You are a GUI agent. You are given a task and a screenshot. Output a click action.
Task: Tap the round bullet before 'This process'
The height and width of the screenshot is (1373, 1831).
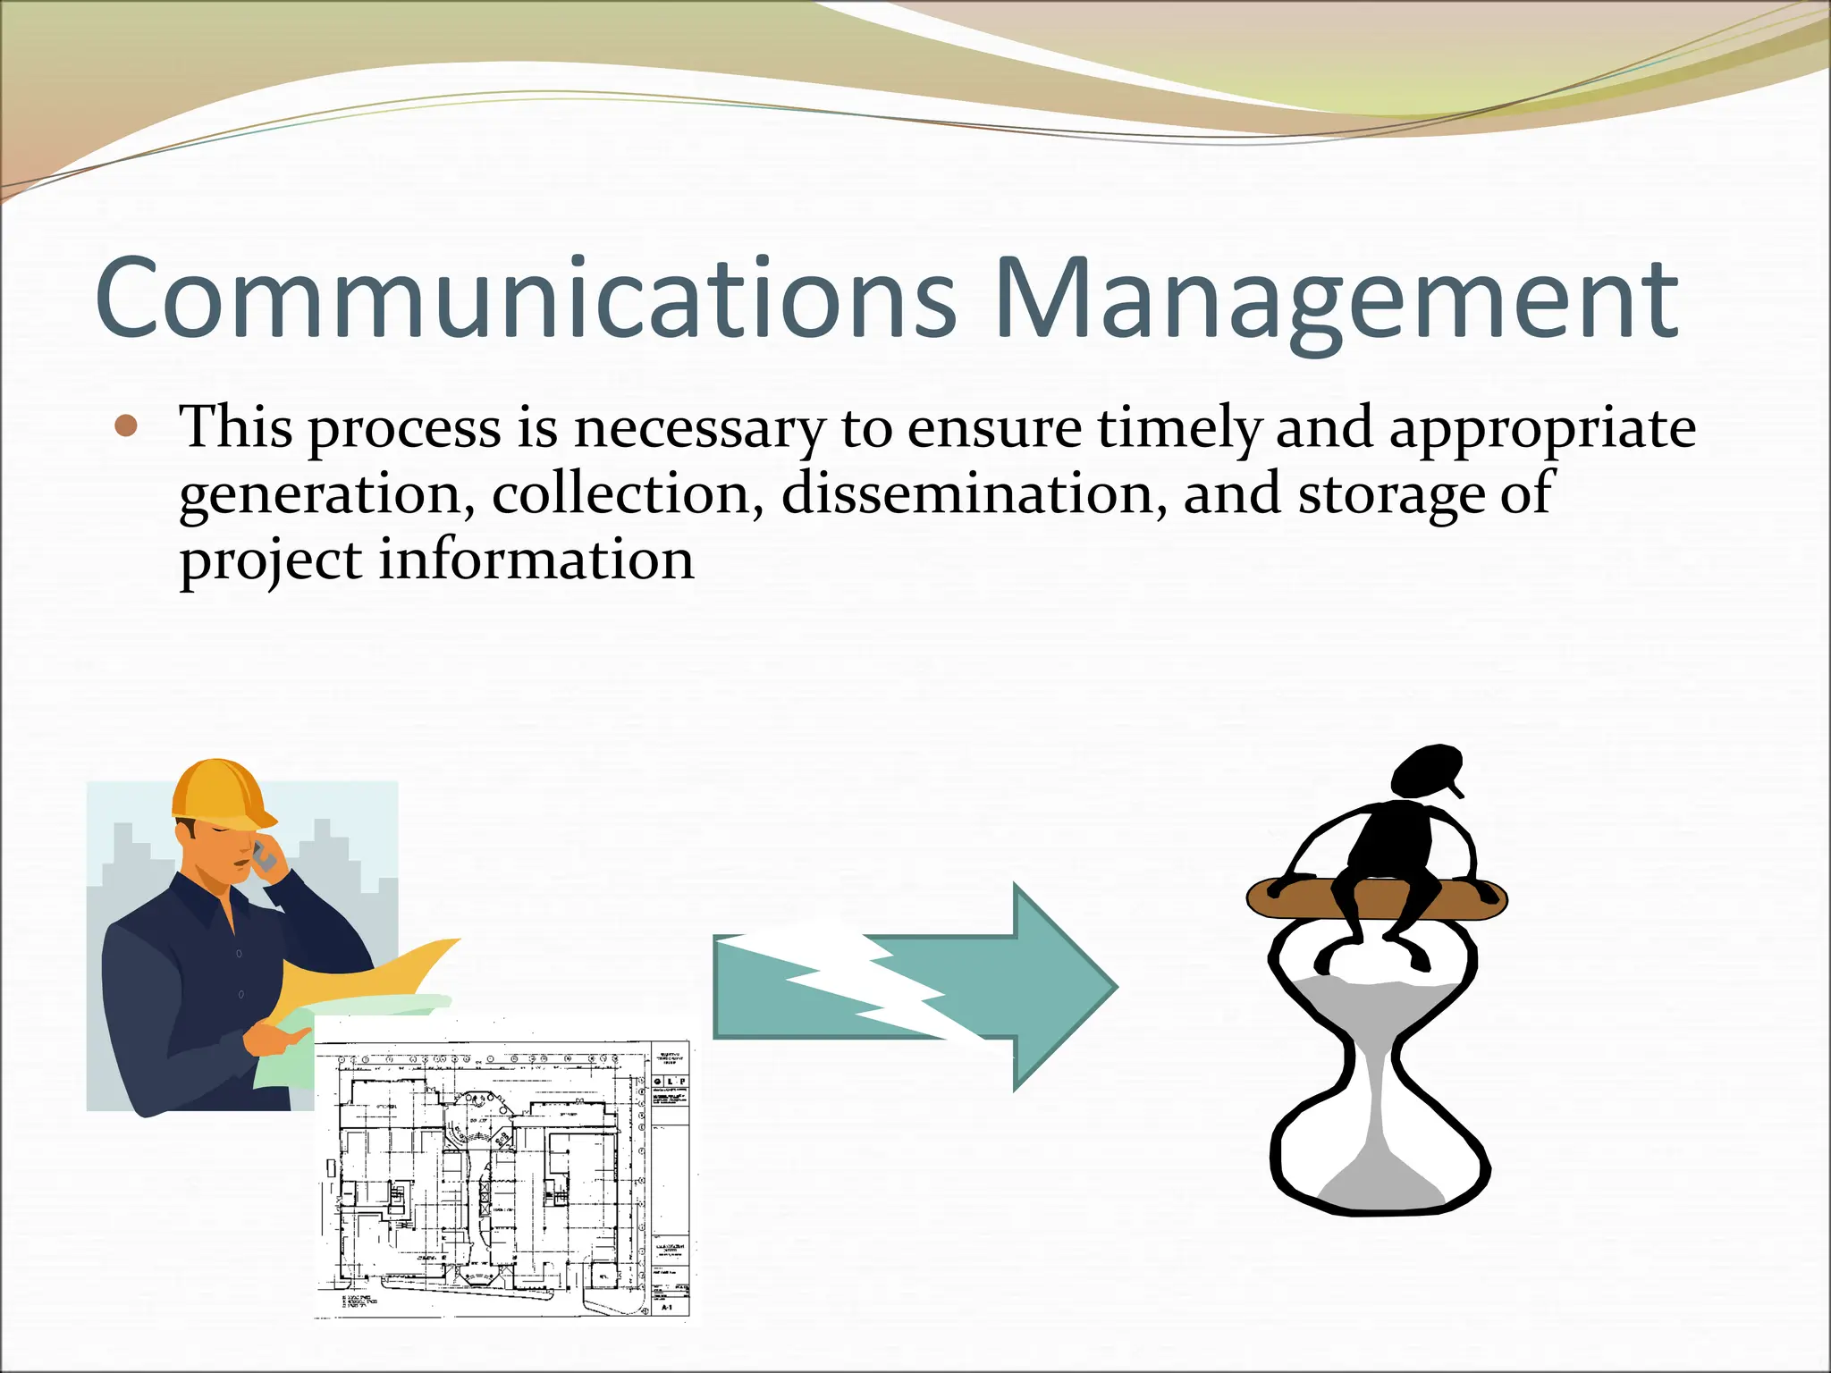(x=126, y=426)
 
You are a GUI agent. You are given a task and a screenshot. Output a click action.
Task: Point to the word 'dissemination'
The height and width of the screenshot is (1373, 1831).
(x=973, y=493)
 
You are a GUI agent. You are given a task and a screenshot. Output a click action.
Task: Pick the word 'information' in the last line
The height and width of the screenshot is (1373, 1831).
(x=536, y=560)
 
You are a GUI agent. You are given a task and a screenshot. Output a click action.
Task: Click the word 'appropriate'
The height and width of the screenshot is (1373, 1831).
(x=1541, y=429)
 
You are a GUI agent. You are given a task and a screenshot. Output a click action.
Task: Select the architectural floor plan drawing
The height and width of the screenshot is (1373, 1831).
(x=483, y=1180)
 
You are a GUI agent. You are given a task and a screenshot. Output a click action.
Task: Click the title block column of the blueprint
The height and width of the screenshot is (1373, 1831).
(x=671, y=1180)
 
